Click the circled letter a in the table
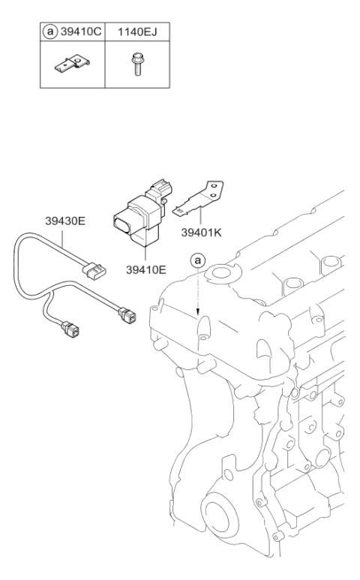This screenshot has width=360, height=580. pyautogui.click(x=49, y=33)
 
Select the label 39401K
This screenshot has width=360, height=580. pyautogui.click(x=202, y=233)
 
